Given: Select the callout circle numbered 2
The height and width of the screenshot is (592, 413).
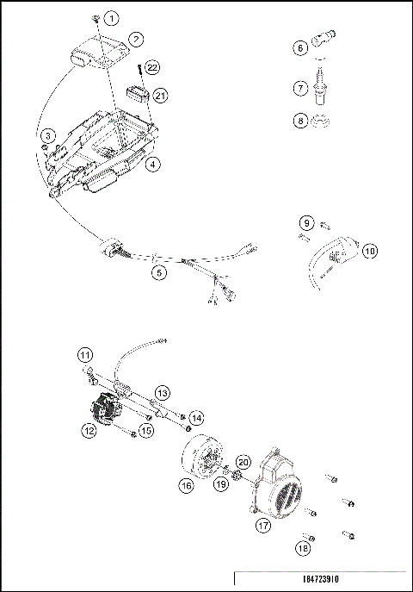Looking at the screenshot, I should pyautogui.click(x=135, y=39).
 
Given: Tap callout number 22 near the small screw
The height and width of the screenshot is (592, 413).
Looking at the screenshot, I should pyautogui.click(x=152, y=67).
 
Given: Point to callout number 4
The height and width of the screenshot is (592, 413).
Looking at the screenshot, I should pyautogui.click(x=151, y=161).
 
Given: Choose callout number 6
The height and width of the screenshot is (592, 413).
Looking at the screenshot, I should pyautogui.click(x=300, y=48).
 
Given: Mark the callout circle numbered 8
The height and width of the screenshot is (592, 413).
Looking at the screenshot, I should pyautogui.click(x=300, y=121).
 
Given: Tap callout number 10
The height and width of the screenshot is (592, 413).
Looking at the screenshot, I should pyautogui.click(x=369, y=252).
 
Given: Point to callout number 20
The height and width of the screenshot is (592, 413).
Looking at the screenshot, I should pyautogui.click(x=243, y=463).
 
